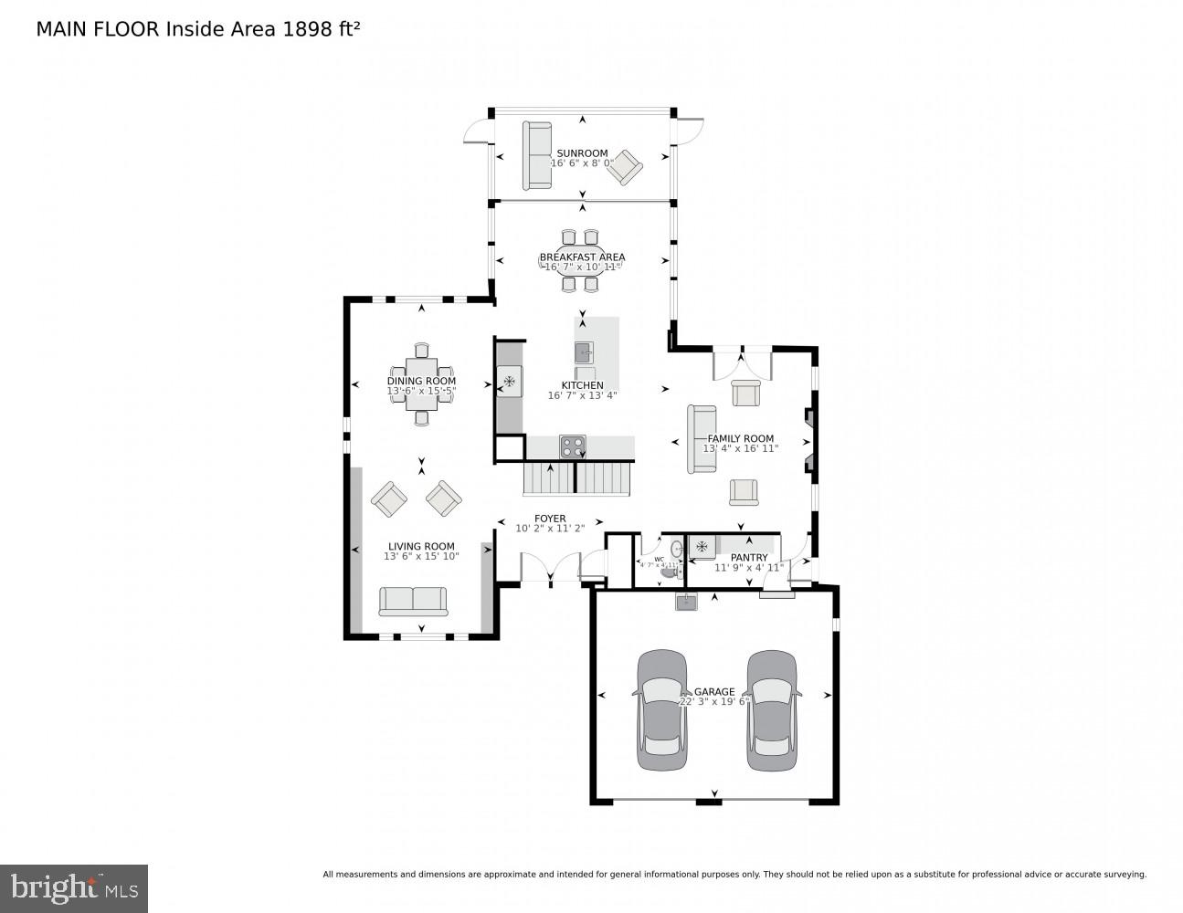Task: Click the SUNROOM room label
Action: [x=582, y=153]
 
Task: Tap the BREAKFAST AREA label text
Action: [x=582, y=257]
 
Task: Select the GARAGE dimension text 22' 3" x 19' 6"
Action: [x=713, y=702]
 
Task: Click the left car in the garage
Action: [x=662, y=710]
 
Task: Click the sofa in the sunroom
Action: [x=537, y=155]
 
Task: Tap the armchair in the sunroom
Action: [x=627, y=167]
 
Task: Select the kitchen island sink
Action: [x=584, y=352]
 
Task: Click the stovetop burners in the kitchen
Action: [x=573, y=446]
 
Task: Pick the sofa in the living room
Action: [x=414, y=601]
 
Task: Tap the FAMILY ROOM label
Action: [x=740, y=438]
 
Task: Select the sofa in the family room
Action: [x=701, y=439]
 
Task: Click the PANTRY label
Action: [x=749, y=557]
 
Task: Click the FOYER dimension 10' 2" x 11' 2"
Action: [x=549, y=529]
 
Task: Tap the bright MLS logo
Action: [x=74, y=887]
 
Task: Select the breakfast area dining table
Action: [x=582, y=260]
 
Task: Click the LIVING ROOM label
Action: [x=421, y=547]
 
